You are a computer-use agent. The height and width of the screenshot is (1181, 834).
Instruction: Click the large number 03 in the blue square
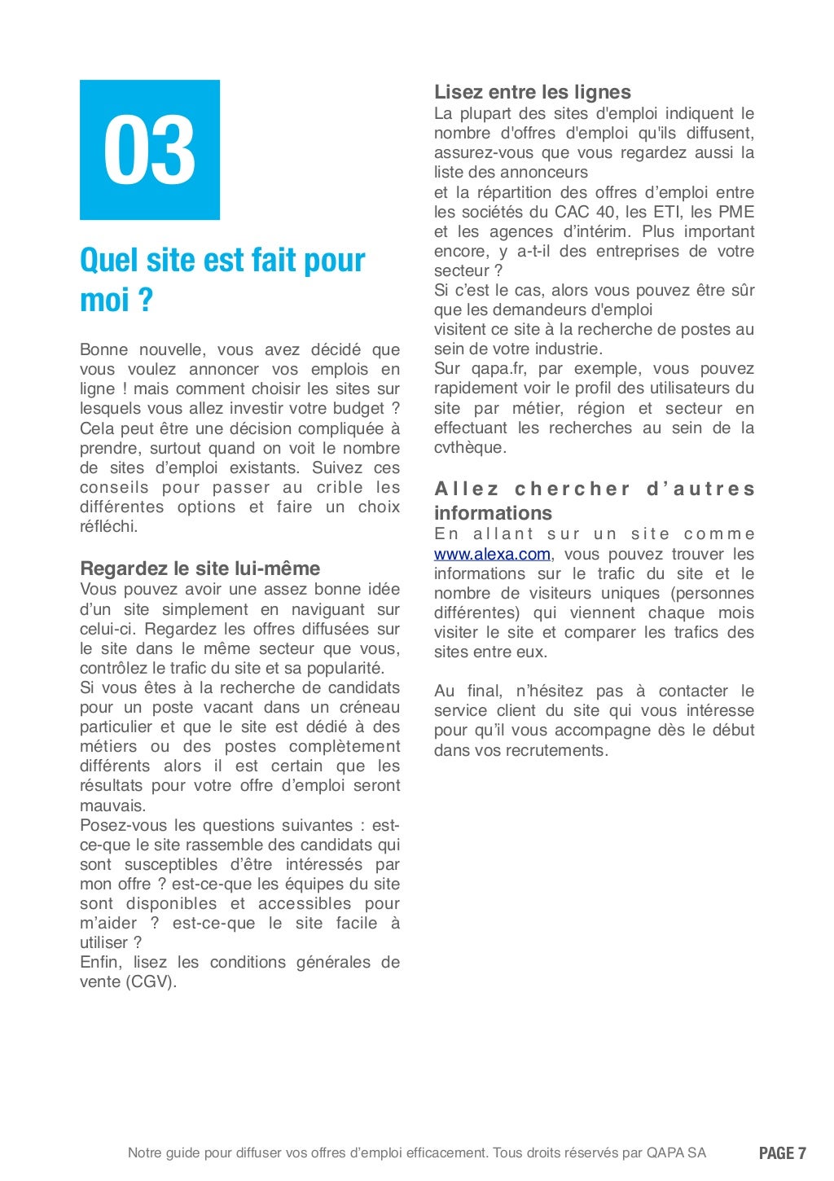tap(150, 150)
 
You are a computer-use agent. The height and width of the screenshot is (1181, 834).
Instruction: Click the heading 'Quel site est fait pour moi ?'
tap(222, 279)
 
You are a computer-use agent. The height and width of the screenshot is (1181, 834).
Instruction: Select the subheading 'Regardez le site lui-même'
tap(200, 568)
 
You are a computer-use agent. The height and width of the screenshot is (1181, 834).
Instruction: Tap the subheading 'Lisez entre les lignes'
tap(532, 92)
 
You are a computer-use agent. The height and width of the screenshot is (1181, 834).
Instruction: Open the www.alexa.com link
tap(492, 555)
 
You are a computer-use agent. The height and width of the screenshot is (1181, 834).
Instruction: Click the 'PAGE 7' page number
tap(782, 1152)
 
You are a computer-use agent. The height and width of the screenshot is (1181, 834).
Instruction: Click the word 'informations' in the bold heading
tap(493, 513)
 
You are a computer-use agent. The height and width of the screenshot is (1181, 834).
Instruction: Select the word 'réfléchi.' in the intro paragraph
tap(109, 526)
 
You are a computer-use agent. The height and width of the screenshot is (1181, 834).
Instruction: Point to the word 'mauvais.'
tap(112, 806)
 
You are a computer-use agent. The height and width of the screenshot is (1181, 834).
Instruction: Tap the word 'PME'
tap(735, 212)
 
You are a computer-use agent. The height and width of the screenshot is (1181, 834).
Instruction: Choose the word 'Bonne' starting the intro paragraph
tap(103, 349)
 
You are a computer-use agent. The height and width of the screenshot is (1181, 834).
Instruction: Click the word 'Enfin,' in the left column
tap(101, 962)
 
